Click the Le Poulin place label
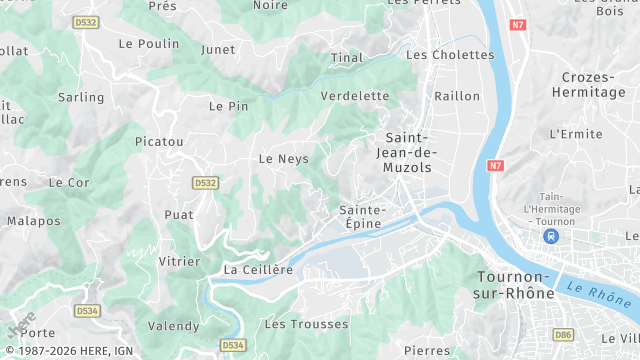coord(148,43)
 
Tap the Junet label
coord(218,49)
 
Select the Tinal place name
coord(347,58)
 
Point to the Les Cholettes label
coord(450,55)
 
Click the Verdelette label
coord(355,96)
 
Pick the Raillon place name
coord(458,96)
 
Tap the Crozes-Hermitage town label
coord(593,85)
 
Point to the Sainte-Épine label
coord(362,217)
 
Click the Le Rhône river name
coord(597,295)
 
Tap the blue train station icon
coord(550,237)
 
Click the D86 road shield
coord(563,334)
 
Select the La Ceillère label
coord(258,269)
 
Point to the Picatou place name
coord(159,142)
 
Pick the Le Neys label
coord(283,159)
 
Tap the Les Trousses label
coord(306,324)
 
